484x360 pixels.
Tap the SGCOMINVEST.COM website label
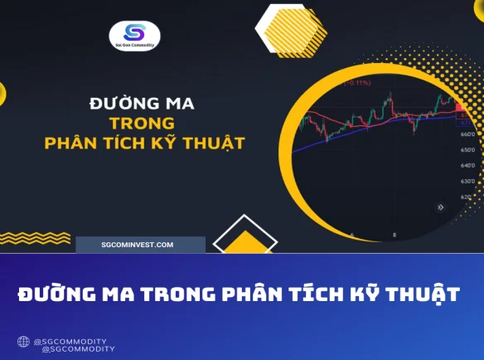pyautogui.click(x=138, y=245)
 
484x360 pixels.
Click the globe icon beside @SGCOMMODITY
pyautogui.click(x=23, y=341)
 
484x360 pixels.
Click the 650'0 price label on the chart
pyautogui.click(x=467, y=150)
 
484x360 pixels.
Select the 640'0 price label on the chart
pyautogui.click(x=467, y=165)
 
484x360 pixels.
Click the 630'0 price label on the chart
pyautogui.click(x=467, y=181)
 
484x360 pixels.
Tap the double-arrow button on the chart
pyautogui.click(x=440, y=207)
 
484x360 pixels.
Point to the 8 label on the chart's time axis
pyautogui.click(x=394, y=236)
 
